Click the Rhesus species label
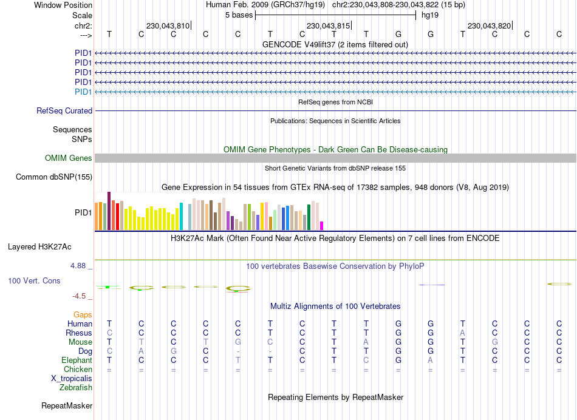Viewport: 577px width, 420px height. pyautogui.click(x=79, y=333)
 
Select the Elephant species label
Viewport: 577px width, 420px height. pyautogui.click(x=77, y=360)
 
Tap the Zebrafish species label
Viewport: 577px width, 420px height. pyautogui.click(x=76, y=387)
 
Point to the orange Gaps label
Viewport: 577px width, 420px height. pyautogui.click(x=83, y=314)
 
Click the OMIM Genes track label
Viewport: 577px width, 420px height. pyautogui.click(x=69, y=158)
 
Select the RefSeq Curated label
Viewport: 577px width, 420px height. pyautogui.click(x=64, y=111)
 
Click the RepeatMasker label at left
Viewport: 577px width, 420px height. pyautogui.click(x=67, y=405)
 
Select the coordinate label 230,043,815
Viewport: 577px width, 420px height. pyautogui.click(x=328, y=26)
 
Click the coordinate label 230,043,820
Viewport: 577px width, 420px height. pyautogui.click(x=489, y=26)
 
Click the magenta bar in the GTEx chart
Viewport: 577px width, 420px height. pyautogui.click(x=322, y=226)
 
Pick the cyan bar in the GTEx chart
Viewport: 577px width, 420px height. pyautogui.click(x=181, y=216)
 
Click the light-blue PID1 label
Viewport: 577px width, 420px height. pyautogui.click(x=83, y=92)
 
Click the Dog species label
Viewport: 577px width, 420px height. pyautogui.click(x=85, y=351)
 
